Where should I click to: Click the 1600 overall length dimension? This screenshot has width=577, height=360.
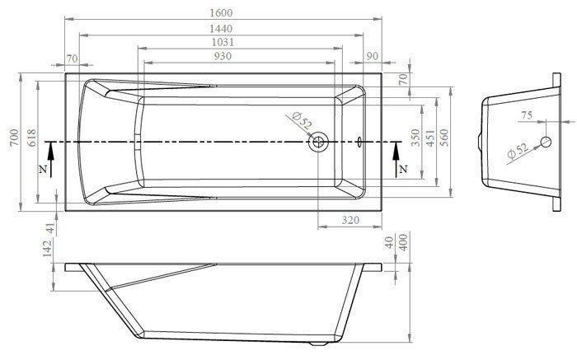point(221,13)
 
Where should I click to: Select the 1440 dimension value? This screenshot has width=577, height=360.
point(221,29)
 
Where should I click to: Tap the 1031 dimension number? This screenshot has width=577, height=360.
point(223,42)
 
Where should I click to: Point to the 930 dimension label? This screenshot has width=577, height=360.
point(223,56)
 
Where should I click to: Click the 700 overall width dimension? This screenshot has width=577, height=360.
point(14,138)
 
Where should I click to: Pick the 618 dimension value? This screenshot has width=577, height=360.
point(32,138)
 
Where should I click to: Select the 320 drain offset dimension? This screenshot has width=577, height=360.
point(350,220)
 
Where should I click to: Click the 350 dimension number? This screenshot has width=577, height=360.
point(415,138)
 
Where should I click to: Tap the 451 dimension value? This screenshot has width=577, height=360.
point(430,138)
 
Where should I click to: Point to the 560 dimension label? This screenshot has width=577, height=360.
point(445,138)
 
